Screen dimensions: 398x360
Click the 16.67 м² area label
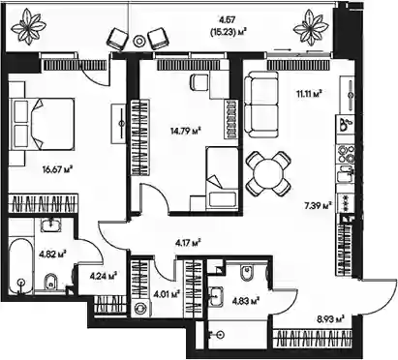point(57,168)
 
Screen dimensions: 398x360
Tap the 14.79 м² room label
point(186,131)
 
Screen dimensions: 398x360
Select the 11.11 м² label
point(309,94)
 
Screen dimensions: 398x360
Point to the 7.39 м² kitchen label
point(319,205)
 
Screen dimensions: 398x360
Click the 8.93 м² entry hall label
point(330,319)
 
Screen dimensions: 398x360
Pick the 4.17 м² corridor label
point(188,242)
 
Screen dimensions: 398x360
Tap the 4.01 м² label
point(167,294)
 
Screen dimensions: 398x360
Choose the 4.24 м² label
point(103,276)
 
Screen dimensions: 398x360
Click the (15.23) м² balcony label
point(229,32)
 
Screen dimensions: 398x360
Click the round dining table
point(268,174)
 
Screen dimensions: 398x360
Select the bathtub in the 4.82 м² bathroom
point(20,265)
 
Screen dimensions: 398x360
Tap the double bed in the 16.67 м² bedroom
point(42,124)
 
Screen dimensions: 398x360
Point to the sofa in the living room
point(260,105)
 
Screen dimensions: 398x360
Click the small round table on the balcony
point(139,41)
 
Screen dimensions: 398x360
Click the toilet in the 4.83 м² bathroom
point(248,273)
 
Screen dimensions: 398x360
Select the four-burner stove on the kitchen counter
point(346,155)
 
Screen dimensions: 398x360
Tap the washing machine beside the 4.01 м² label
point(140,308)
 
